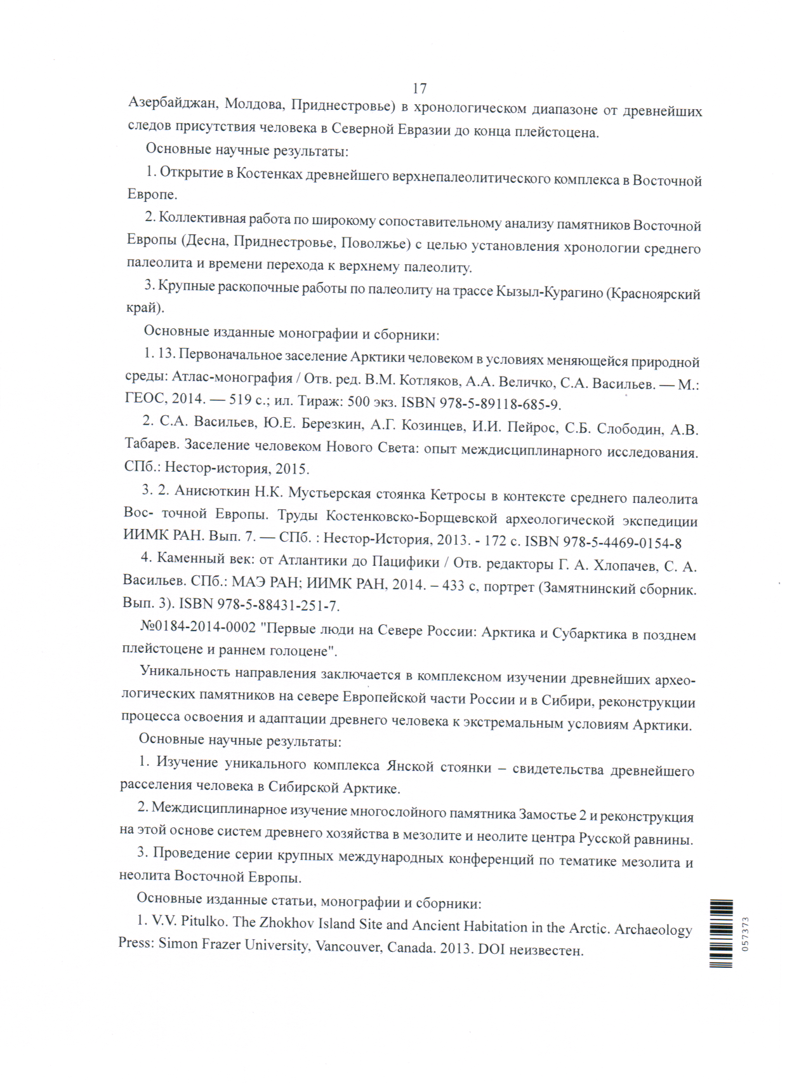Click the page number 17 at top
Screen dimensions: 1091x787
pyautogui.click(x=420, y=88)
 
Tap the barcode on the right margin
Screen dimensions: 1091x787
pyautogui.click(x=721, y=934)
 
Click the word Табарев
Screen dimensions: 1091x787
pyautogui.click(x=152, y=445)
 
